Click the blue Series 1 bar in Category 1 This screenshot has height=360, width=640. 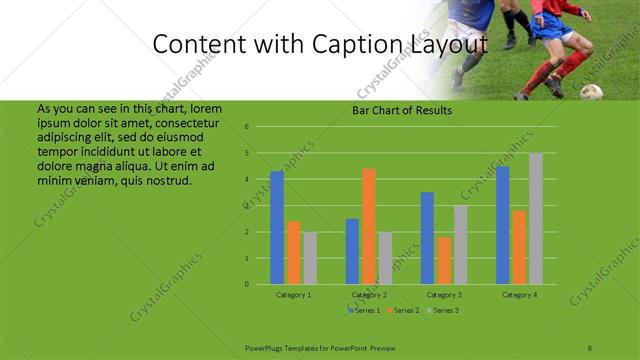click(277, 228)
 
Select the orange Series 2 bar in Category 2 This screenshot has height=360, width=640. click(369, 226)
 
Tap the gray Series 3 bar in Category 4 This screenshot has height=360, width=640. click(536, 218)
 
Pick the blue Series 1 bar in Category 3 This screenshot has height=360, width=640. click(427, 238)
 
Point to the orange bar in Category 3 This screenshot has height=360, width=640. click(444, 260)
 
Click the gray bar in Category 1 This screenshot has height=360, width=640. click(310, 258)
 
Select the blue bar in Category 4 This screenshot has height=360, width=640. click(503, 225)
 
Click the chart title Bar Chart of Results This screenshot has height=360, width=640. click(402, 110)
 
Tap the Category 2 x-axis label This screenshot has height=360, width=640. click(369, 295)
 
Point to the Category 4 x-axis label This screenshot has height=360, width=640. click(519, 295)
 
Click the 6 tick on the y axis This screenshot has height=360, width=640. click(246, 127)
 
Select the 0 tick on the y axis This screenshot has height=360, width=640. click(246, 284)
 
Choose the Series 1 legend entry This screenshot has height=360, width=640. click(366, 310)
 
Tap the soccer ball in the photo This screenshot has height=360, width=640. click(592, 92)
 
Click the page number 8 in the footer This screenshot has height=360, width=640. click(590, 347)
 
